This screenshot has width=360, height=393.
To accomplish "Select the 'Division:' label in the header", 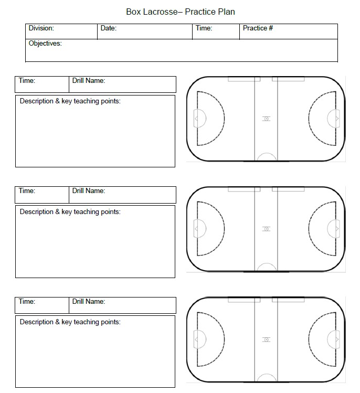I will click(x=41, y=28).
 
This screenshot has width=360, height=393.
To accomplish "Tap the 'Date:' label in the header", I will click(x=108, y=28).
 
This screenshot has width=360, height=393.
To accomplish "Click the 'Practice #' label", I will click(x=258, y=28).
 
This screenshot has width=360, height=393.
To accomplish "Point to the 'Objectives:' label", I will click(x=45, y=44).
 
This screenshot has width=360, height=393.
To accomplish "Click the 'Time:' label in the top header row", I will click(x=204, y=28).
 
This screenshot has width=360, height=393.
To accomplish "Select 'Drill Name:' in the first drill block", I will click(x=88, y=81).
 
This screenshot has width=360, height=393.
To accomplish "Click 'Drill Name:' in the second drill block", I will click(x=88, y=191).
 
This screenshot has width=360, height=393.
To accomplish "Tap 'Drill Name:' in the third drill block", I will click(x=88, y=302).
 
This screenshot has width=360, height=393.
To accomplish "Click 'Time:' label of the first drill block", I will click(x=27, y=81).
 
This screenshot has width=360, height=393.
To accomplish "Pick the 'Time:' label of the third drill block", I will click(x=27, y=302).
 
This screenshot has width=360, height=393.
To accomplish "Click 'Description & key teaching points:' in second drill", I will click(x=70, y=212).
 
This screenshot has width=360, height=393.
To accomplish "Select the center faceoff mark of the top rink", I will click(x=266, y=119).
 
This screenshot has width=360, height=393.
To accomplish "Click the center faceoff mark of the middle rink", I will click(x=266, y=229).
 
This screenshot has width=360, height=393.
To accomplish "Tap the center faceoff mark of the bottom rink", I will click(x=266, y=339).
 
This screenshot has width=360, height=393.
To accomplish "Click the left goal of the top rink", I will click(x=198, y=119).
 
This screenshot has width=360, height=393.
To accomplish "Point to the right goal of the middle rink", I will click(x=334, y=229).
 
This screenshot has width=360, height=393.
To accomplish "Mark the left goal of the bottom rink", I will click(x=198, y=339).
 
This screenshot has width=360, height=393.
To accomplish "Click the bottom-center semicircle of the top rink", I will click(x=266, y=157).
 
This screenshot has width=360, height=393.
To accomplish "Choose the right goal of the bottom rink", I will click(x=334, y=339).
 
